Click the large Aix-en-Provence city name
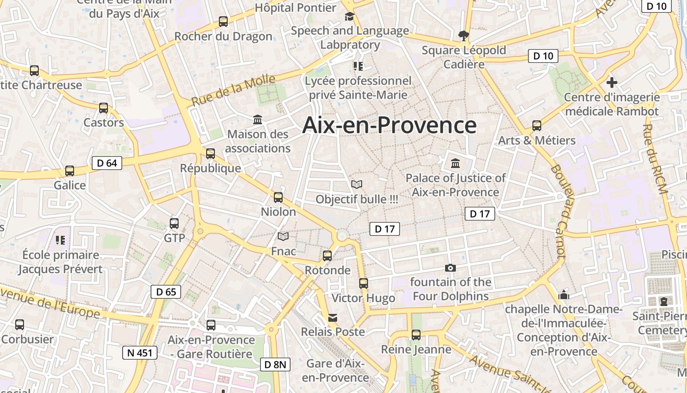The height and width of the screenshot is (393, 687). [389, 125]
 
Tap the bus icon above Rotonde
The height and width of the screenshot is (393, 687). [327, 255]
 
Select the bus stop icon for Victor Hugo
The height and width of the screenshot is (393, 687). [363, 283]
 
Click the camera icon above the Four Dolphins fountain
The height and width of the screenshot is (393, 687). [450, 268]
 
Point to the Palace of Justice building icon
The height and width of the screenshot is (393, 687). [455, 163]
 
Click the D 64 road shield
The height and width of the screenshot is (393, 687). [107, 163]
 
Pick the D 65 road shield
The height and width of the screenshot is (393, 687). [166, 292]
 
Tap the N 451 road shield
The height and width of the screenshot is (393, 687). [140, 352]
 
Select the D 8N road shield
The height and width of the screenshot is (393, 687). [275, 365]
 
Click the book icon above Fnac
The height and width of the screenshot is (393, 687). [283, 236]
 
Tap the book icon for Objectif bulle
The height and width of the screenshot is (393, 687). [357, 184]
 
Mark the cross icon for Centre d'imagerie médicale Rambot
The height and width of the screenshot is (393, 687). [611, 82]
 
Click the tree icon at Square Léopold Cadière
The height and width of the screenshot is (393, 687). [463, 35]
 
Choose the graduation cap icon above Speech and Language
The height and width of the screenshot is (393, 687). [349, 16]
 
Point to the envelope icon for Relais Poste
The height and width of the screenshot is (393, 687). [333, 317]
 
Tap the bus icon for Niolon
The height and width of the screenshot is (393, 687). [278, 197]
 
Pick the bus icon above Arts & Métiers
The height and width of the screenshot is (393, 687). [537, 126]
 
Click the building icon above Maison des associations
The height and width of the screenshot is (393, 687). [258, 119]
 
